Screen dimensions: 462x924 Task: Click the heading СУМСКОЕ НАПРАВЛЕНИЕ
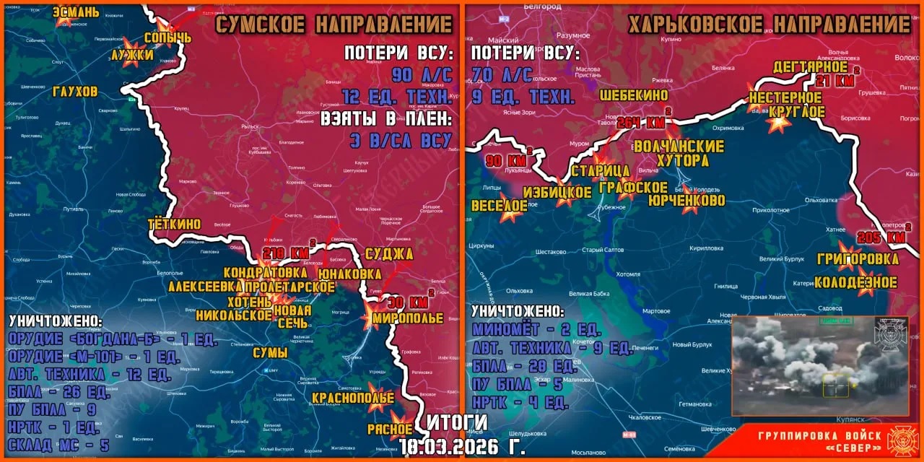click(x=334, y=25)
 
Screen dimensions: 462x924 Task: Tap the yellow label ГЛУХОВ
click(x=75, y=92)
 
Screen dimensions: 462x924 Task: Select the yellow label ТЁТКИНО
click(x=174, y=224)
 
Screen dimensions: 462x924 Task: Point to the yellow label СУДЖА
click(x=389, y=253)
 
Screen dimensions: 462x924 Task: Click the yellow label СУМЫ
click(x=270, y=352)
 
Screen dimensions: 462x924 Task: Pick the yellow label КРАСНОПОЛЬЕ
click(x=353, y=398)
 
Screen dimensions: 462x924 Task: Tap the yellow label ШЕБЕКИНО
click(x=633, y=95)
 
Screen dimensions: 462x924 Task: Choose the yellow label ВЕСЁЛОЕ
click(x=499, y=204)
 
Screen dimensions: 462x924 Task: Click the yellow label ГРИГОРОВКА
click(x=858, y=258)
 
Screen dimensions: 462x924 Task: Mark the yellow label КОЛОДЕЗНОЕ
click(x=855, y=282)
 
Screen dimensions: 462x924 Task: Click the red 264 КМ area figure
click(x=641, y=122)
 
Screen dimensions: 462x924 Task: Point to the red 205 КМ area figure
click(x=881, y=237)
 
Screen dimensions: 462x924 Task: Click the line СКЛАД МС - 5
click(x=59, y=445)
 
